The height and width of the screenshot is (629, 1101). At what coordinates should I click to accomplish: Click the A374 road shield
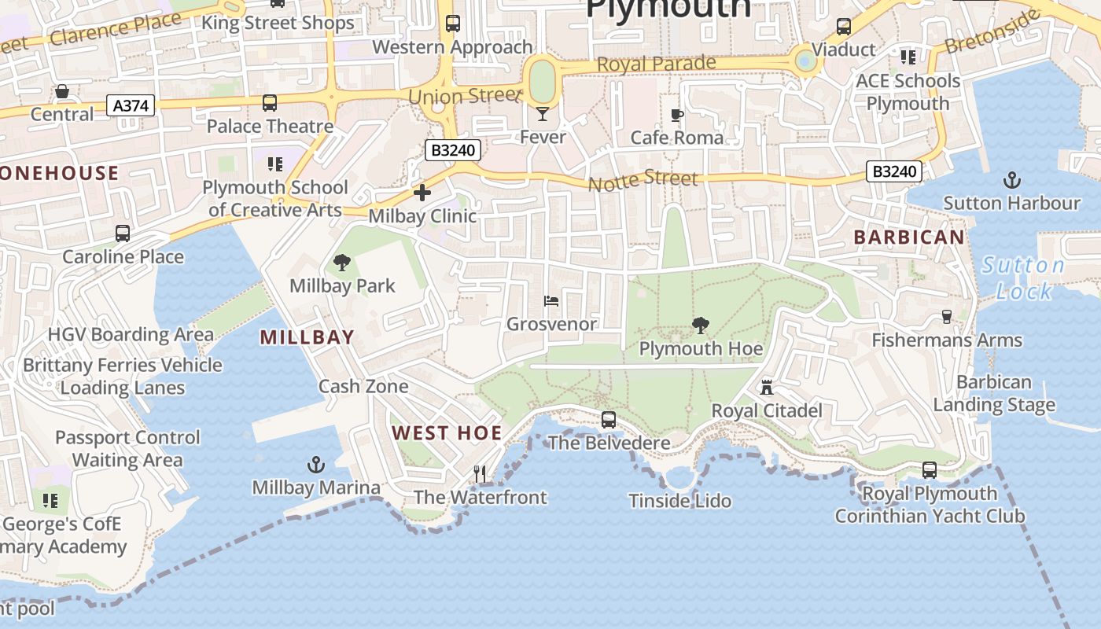131,105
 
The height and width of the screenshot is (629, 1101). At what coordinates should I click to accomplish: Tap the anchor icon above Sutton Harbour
1011,180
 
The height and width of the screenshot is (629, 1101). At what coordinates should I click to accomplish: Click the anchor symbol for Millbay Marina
315,465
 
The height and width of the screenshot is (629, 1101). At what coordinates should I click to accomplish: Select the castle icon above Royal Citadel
767,387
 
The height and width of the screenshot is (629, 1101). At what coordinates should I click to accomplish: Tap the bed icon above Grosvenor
551,301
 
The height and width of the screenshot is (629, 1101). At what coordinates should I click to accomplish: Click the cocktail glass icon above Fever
542,114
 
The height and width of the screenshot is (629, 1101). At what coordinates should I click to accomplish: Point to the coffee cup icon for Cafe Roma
676,116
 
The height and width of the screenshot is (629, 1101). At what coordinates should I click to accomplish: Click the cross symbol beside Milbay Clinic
422,193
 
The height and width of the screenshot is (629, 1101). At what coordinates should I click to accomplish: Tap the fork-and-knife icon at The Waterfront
480,473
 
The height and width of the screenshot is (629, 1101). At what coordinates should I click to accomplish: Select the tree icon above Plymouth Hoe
699,325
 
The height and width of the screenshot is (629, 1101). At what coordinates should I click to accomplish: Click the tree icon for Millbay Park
342,263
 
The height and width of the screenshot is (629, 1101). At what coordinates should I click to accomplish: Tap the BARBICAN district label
909,237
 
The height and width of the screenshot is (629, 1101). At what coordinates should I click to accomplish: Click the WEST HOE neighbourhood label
447,432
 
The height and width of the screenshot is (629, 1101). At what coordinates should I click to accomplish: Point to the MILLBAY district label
307,337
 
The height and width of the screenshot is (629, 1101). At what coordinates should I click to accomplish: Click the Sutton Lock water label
1023,278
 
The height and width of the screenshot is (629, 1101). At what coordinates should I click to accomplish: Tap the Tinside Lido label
680,501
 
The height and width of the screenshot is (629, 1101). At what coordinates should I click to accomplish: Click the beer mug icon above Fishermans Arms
947,317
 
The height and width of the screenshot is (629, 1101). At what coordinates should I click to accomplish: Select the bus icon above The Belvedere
609,420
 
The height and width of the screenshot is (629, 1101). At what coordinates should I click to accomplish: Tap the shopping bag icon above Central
62,91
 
